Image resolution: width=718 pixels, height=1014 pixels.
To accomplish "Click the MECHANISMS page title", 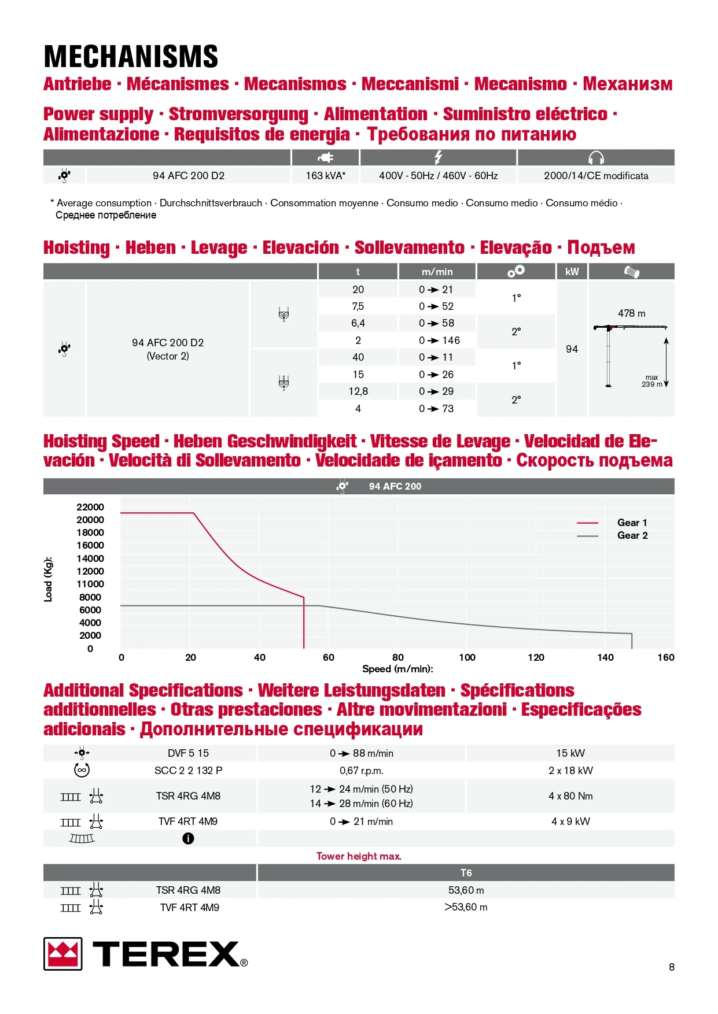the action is coord(131,57).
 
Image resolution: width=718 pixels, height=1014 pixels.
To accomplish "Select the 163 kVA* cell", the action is coord(325,176).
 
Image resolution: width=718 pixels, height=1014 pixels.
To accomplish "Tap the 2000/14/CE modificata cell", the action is coord(596,176).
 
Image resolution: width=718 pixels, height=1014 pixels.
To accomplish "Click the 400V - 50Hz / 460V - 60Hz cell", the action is coord(438,176).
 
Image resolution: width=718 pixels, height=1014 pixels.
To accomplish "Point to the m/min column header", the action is coord(437,272).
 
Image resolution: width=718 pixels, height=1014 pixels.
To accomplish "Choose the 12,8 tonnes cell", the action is coord(358,391).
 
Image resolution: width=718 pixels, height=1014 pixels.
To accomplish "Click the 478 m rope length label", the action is coord(631,313).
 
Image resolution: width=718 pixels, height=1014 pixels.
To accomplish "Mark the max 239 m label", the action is coord(652,381).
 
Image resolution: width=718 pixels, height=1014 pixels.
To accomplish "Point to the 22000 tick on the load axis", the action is coord(90,507).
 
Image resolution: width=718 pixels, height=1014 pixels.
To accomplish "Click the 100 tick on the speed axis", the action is coord(467,657).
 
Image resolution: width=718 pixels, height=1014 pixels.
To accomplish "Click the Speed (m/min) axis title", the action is coord(397,669).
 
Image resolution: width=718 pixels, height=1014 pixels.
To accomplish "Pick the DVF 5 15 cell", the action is coord(188,753).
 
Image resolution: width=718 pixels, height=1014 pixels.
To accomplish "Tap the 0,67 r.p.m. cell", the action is coord(362,771).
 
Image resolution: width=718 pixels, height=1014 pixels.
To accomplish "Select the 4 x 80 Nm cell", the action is coord(570,796).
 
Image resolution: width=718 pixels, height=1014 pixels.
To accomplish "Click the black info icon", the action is coord(188,838).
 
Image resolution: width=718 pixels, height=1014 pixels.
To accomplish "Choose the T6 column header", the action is coord(466,873).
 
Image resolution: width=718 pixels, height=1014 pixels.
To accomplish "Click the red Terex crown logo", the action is coord(63,954).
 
